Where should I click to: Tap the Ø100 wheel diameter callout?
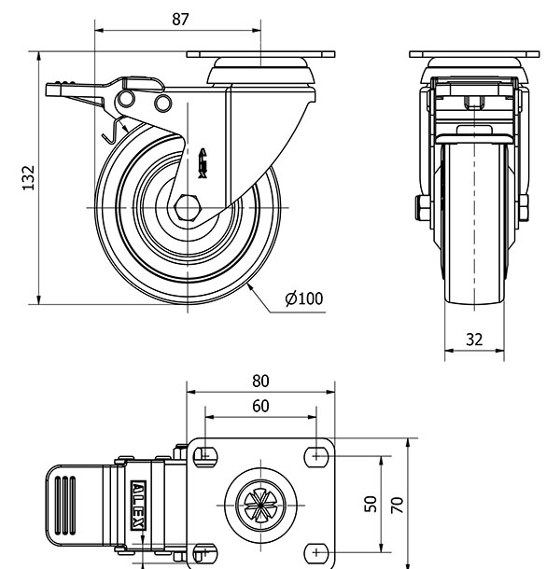[x=303, y=298]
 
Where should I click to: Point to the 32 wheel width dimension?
[x=474, y=340]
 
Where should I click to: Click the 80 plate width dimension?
[x=260, y=381]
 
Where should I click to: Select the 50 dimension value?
[x=371, y=505]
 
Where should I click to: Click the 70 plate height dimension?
[x=397, y=505]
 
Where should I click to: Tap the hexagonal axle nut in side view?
[x=186, y=206]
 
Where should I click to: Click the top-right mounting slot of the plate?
[x=317, y=455]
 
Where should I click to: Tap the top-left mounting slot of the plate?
[x=203, y=455]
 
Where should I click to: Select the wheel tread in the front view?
[x=474, y=224]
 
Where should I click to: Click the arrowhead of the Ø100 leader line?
[x=252, y=284]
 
